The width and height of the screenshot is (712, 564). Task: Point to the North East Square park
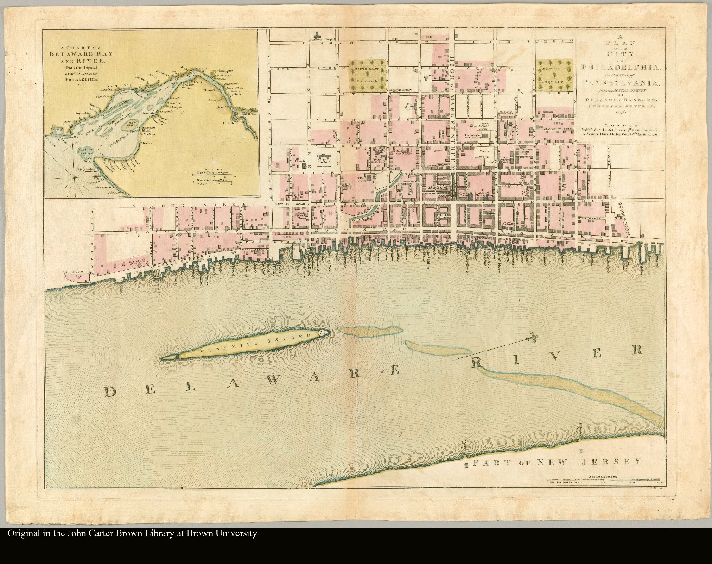click(x=555, y=74)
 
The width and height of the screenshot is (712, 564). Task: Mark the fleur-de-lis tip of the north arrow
click(x=534, y=339)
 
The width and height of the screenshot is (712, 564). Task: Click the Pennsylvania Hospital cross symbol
click(x=318, y=35)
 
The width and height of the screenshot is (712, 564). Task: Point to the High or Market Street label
click(x=452, y=107)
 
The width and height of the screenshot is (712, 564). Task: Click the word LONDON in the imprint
click(x=621, y=125)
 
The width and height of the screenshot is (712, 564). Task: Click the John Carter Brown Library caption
click(x=132, y=533)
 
